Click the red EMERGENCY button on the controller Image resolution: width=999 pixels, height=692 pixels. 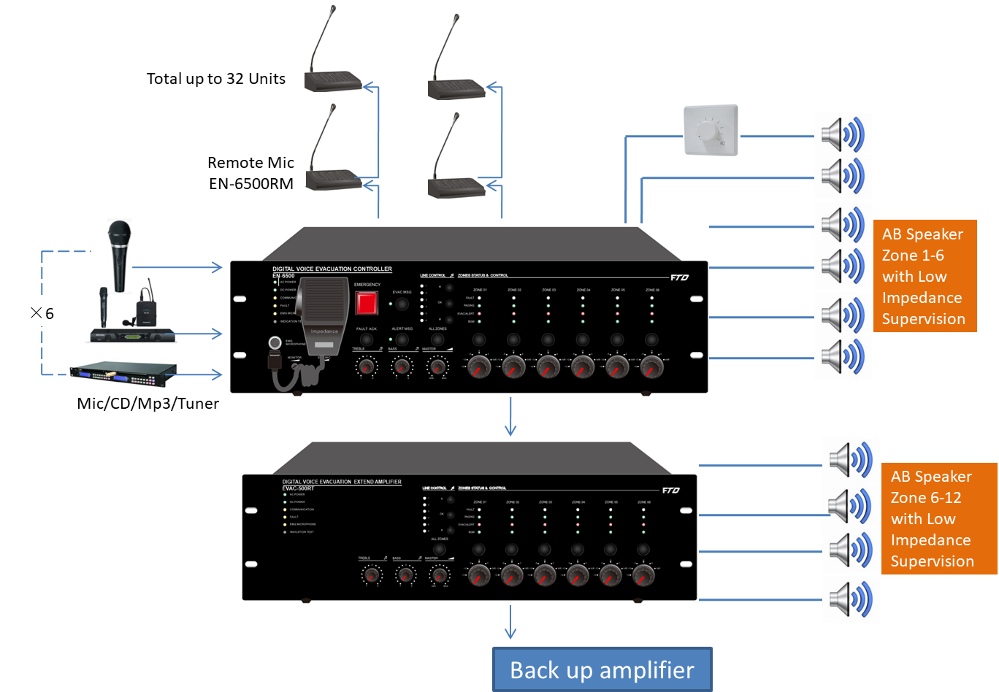point(367,303)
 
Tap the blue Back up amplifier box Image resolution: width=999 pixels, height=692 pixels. point(602,669)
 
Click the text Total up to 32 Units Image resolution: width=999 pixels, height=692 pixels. point(216,79)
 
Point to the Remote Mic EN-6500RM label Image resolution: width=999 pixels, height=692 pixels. point(251,173)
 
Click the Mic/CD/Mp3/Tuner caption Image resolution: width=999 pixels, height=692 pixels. point(148,404)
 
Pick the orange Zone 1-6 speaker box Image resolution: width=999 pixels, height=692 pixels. point(925,276)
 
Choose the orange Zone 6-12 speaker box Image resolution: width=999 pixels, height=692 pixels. point(938,518)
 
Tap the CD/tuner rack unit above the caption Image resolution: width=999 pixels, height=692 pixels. point(123,374)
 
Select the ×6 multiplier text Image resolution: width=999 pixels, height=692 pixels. point(42,313)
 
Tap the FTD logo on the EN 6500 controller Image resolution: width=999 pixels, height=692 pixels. point(679,277)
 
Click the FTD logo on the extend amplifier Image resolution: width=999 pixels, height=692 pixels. point(671,491)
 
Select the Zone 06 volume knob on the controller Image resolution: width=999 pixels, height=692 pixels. point(651,366)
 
